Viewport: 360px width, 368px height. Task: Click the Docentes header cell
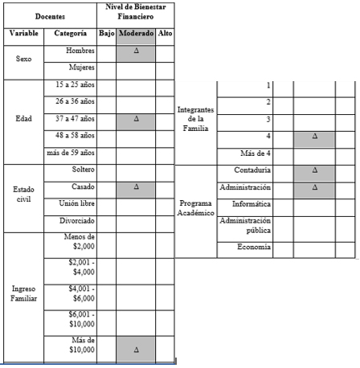50,15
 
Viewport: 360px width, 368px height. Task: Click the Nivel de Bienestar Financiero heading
136,10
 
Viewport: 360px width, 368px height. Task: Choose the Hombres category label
81,51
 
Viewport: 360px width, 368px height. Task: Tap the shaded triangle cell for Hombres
136,51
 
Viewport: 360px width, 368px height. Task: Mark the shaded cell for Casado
136,186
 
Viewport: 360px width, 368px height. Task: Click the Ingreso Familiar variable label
23,292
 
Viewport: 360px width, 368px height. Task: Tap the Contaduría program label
252,170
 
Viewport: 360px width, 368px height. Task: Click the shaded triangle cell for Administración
314,187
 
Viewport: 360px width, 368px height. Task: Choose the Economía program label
254,247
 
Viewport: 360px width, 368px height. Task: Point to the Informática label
252,203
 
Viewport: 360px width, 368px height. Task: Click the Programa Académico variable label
197,207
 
